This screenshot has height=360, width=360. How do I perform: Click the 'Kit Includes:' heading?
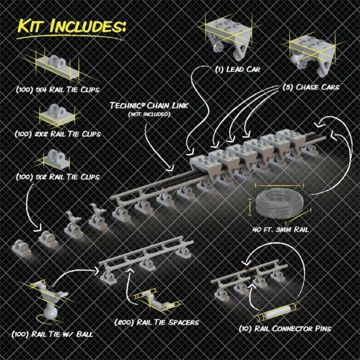click(72, 26)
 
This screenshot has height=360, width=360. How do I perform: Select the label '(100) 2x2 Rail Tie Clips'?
click(58, 134)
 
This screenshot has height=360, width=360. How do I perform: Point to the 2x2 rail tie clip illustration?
click(57, 114)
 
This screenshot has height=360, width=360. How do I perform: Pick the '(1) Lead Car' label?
click(238, 69)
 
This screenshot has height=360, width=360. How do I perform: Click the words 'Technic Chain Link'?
click(149, 105)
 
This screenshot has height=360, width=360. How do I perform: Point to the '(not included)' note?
click(149, 114)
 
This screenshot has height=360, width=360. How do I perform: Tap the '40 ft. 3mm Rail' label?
click(280, 230)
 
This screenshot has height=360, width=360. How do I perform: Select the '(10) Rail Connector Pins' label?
click(285, 329)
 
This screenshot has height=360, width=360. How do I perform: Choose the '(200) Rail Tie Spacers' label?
click(157, 322)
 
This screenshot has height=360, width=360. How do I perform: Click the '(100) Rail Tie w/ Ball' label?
click(52, 334)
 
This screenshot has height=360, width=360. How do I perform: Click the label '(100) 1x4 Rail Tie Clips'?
click(58, 90)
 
